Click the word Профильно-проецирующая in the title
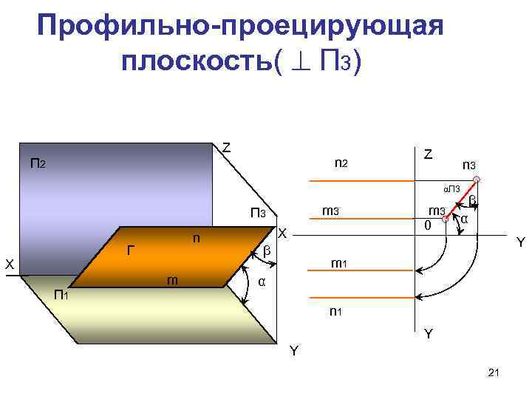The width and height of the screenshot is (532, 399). (x=240, y=27)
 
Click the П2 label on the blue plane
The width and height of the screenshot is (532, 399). (x=38, y=163)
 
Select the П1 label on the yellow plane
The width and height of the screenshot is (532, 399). (x=61, y=296)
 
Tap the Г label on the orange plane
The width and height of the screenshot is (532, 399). (x=131, y=251)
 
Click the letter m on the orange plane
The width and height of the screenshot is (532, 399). (x=171, y=279)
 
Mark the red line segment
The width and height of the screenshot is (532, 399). (x=460, y=199)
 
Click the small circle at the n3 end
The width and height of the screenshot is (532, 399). (x=477, y=180)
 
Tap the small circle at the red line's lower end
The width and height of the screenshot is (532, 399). (x=444, y=219)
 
